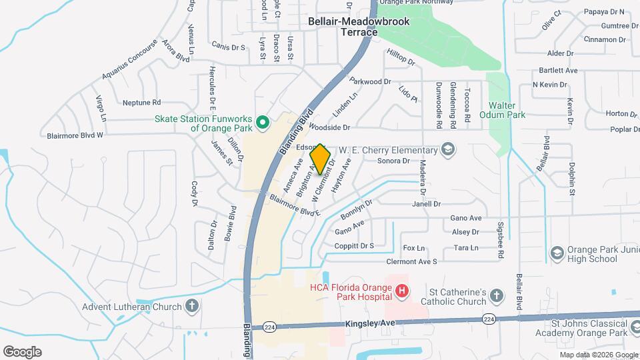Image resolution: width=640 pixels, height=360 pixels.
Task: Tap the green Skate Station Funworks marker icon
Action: (263, 122)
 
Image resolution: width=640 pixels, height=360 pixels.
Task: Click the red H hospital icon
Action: (401, 291)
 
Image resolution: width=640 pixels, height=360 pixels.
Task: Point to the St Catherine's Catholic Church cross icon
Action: (495, 295)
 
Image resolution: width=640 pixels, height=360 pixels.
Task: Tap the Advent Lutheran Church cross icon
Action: (191, 307)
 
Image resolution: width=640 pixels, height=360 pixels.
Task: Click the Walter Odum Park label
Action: (507, 110)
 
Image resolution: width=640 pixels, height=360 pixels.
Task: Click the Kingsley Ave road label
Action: (371, 323)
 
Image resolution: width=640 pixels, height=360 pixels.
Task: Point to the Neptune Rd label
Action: (142, 103)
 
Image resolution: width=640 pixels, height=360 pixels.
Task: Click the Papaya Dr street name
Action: (604, 11)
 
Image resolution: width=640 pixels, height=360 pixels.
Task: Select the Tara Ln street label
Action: (466, 248)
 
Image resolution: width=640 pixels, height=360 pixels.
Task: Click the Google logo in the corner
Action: (22, 351)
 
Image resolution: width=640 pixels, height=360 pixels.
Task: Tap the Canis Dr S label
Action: (229, 47)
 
